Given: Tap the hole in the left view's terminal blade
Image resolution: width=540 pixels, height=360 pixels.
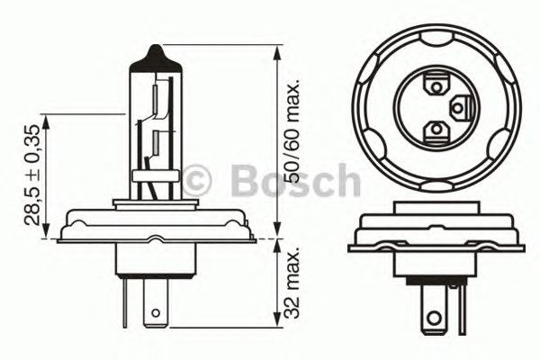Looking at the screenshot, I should coord(158,315).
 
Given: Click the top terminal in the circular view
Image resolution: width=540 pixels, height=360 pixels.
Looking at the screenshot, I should coord(436,87).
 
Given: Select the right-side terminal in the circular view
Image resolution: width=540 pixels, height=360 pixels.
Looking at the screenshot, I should coord(458,110).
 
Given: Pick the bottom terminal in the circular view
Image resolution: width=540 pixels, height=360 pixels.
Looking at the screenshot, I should coord(436,133).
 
